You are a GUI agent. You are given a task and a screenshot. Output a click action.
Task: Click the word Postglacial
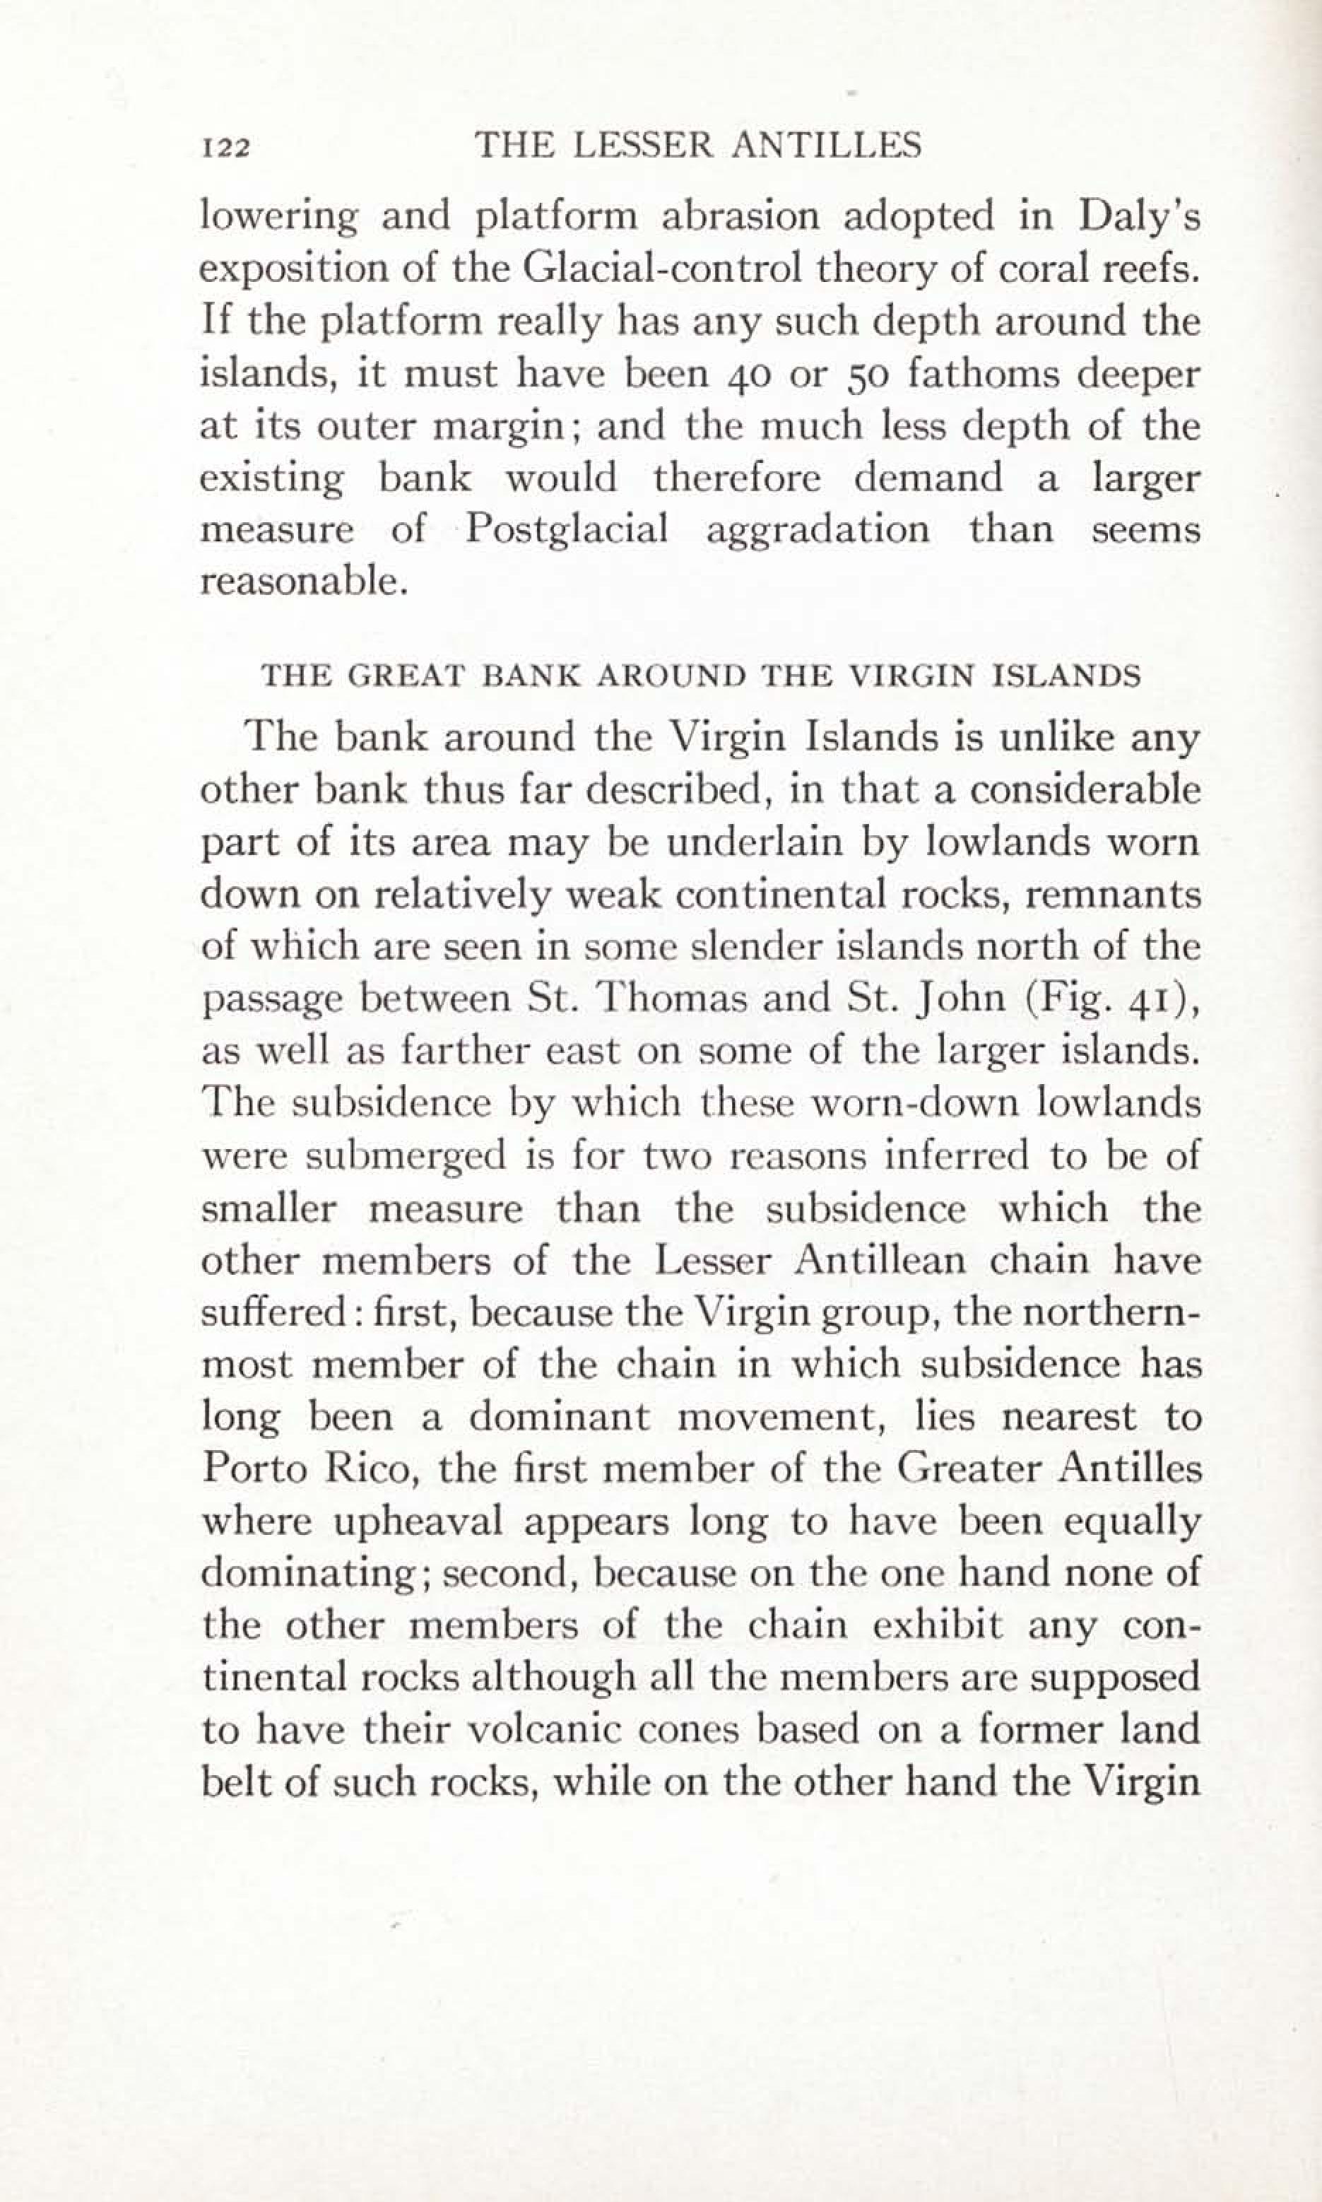[x=567, y=529]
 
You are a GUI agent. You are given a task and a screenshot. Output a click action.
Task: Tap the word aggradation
[x=817, y=531]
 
